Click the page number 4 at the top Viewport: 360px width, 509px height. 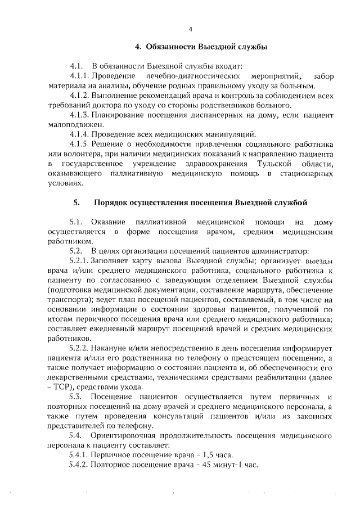(191, 29)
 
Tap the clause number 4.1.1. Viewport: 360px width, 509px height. (79, 76)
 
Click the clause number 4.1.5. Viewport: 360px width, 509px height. (79, 144)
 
